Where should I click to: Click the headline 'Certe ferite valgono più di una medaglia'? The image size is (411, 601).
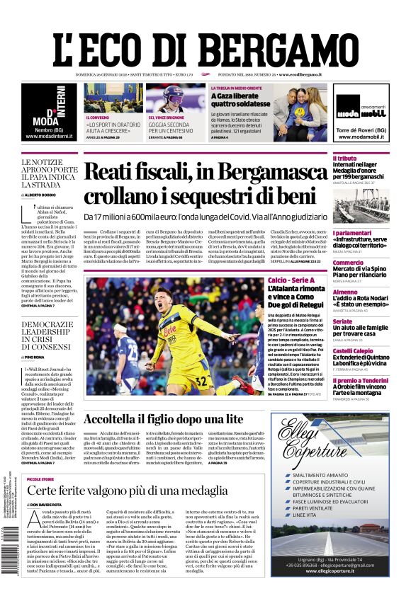[x=128, y=490]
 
